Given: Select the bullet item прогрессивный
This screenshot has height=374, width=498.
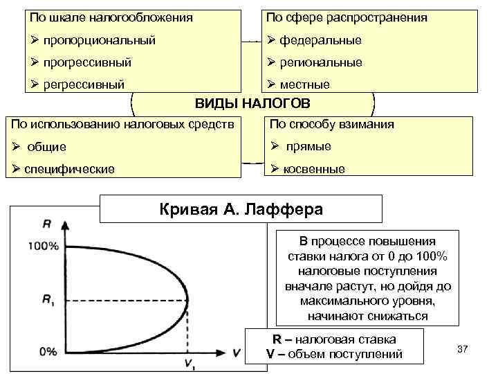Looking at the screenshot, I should point(87,62).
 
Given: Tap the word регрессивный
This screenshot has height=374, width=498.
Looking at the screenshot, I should point(84,84).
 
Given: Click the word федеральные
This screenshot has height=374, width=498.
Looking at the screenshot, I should point(320,40).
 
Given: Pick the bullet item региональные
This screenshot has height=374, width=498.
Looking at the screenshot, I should point(321,62).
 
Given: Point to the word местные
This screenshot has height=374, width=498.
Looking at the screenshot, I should point(305,84).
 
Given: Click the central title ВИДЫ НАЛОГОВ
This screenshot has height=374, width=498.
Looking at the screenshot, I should point(252,103).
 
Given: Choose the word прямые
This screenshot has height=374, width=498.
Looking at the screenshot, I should point(308,146).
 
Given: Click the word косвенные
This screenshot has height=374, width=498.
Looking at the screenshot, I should point(313,169).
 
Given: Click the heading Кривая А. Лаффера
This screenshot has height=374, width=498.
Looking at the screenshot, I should point(241,208).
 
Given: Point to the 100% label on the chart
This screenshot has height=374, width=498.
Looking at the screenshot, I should point(44,245).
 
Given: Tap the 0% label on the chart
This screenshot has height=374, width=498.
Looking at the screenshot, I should point(48,351).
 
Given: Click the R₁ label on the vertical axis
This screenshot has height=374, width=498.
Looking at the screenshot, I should point(47,300).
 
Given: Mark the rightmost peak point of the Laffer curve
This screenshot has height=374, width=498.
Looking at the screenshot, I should point(187,300).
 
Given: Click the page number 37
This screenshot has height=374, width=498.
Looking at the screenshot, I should point(463,348).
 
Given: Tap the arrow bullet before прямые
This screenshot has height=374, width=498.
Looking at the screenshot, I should point(274,146).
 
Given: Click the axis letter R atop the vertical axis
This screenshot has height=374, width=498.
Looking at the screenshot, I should point(46,224).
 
